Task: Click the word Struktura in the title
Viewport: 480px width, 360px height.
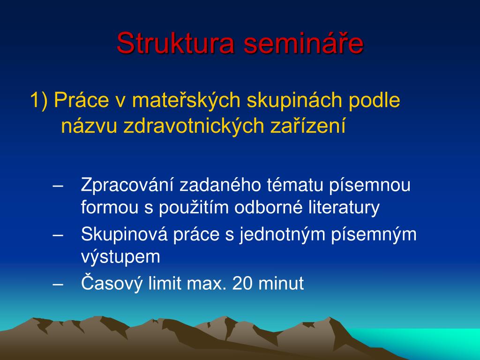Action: pos(175,43)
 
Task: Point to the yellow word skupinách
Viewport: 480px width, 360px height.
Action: pos(294,100)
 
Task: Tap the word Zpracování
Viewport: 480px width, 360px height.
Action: pos(127,185)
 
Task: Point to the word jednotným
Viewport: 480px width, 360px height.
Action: pos(282,235)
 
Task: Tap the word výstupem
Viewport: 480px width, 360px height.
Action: pos(120,257)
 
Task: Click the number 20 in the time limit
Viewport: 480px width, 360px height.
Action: pos(242,283)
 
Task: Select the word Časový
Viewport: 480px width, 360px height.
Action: pos(112,282)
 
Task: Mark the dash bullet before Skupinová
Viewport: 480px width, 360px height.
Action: pos(58,235)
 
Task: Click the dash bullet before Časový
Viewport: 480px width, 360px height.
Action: pos(58,284)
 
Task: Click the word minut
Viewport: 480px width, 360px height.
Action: pos(281,283)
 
